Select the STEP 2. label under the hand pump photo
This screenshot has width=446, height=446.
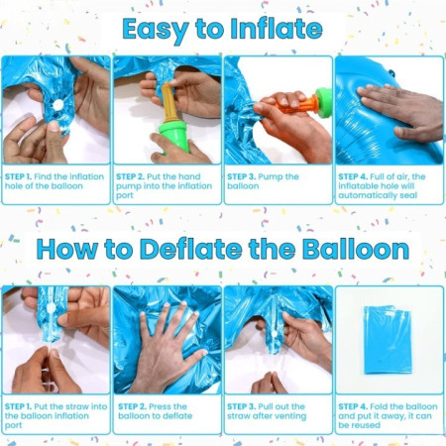pos(131,175)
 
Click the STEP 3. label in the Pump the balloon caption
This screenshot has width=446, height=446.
pos(243,175)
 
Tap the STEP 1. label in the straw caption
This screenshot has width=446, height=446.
pos(20,405)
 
